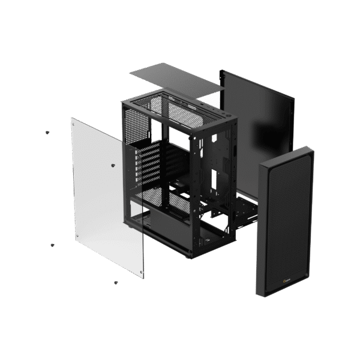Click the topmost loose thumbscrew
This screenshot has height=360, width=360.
point(47,132)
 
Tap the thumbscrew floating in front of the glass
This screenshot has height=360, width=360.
point(113,163)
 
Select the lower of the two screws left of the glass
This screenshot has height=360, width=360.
point(52,245)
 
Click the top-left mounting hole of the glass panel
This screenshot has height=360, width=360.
point(74,122)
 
